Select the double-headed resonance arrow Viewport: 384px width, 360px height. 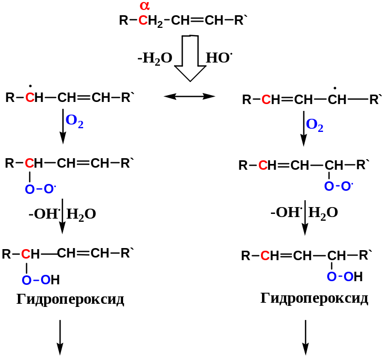tap(189, 96)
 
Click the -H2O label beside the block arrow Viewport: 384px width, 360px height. tap(155, 58)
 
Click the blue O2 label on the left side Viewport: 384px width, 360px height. tap(75, 125)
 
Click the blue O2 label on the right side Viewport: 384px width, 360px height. tap(315, 125)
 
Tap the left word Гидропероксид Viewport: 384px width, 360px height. tap(70, 300)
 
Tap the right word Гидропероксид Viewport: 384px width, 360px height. tap(315, 299)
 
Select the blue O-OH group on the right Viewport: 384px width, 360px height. tap(345, 276)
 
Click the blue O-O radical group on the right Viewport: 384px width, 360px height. tap(339, 186)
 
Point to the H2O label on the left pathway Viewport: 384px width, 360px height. tap(82, 214)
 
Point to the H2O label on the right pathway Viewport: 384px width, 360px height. tap(323, 212)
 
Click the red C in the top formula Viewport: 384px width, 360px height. tap(143, 22)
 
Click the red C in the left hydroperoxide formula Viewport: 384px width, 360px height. tap(26, 254)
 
